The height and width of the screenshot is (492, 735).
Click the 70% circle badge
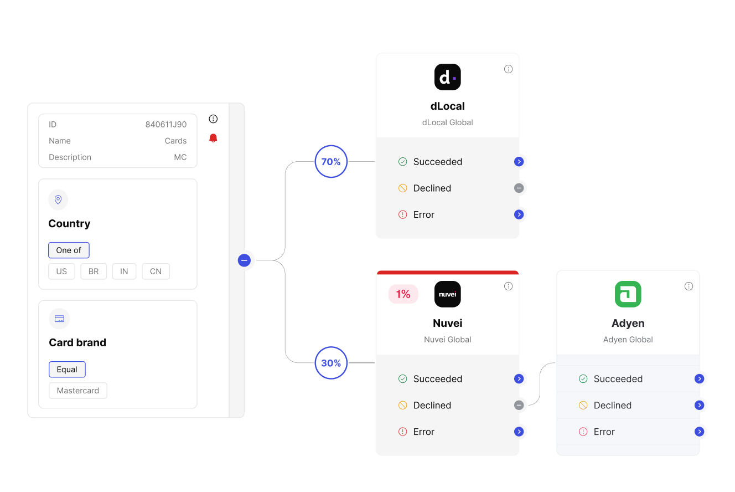click(331, 161)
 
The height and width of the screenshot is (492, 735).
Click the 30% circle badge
click(331, 362)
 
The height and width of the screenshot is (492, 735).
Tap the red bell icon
click(213, 138)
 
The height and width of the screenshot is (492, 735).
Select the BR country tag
click(94, 271)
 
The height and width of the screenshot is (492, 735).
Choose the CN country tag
click(156, 271)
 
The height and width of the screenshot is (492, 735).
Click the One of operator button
click(69, 250)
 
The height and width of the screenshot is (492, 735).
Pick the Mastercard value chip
click(78, 391)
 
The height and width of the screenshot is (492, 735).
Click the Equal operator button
click(67, 370)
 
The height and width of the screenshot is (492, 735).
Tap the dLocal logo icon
click(448, 77)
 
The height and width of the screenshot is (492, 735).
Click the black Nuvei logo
click(448, 294)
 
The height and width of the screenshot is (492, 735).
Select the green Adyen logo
click(628, 294)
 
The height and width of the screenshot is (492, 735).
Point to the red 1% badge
click(403, 294)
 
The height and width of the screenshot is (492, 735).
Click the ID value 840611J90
click(166, 125)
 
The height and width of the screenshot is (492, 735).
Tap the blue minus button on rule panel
click(244, 260)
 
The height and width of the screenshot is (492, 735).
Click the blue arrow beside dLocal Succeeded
click(519, 162)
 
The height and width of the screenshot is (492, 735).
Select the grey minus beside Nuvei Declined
click(519, 406)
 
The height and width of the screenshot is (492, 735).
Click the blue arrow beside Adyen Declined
click(699, 406)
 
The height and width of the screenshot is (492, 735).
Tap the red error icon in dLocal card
click(402, 214)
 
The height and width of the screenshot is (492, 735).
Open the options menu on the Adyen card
click(689, 286)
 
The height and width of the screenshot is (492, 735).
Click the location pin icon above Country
click(58, 199)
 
